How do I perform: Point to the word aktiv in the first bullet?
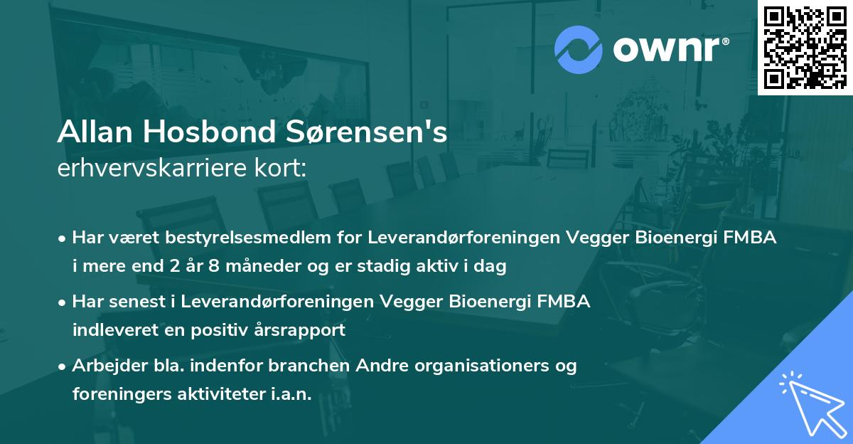(x=453, y=267)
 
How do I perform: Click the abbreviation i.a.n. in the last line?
(x=291, y=394)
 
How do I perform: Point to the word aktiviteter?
(x=222, y=394)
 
